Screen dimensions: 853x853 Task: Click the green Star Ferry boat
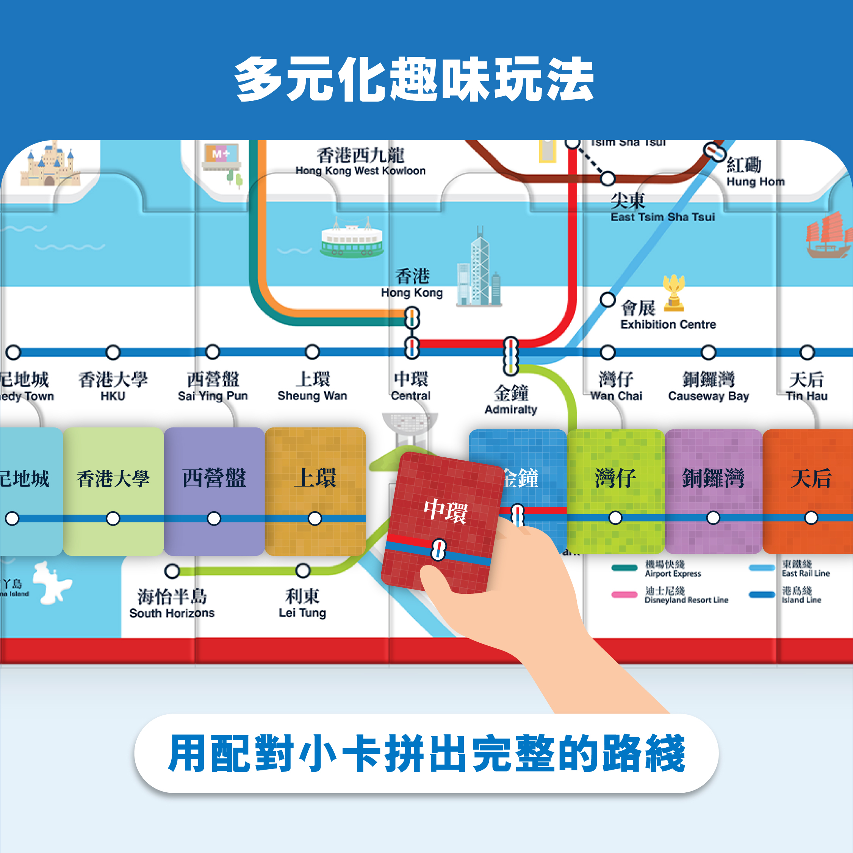coord(352,239)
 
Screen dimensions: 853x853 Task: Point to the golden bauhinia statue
coord(673,292)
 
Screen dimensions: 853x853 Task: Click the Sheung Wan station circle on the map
coord(312,352)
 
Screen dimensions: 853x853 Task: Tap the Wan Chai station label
coord(616,386)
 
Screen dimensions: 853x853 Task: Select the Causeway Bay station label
coord(708,386)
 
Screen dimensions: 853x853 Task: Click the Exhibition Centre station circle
coord(607,300)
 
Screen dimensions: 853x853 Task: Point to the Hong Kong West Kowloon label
coord(360,161)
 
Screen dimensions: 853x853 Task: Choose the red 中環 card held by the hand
coord(441,521)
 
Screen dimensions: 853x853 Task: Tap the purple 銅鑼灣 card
coord(713,490)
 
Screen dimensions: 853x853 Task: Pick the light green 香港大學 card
coord(113,490)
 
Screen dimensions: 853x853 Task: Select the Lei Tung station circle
coord(303,570)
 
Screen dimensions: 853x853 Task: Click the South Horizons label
coord(172,604)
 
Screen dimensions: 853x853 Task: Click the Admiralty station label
coord(511,399)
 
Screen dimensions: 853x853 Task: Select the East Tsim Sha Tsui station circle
coord(608,178)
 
